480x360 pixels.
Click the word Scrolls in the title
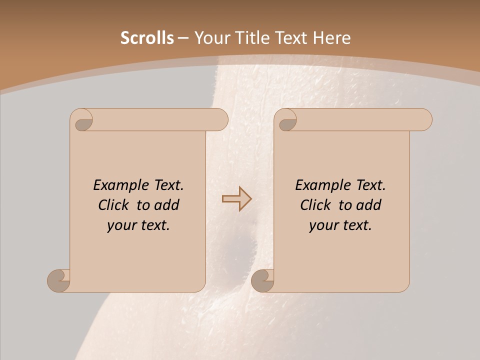coord(147,38)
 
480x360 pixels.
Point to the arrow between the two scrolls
coord(236,199)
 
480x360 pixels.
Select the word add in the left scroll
coord(167,205)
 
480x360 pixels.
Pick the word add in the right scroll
coord(369,205)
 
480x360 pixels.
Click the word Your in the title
coord(209,38)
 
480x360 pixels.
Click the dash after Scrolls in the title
coord(183,38)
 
